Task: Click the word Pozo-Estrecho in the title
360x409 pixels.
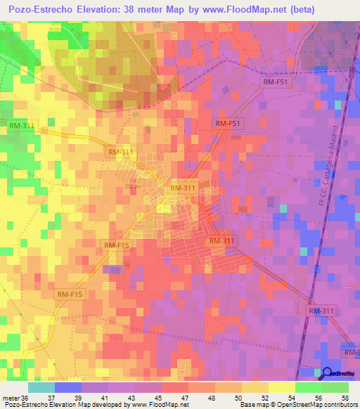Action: point(44,11)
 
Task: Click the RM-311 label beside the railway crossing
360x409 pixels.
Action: point(322,311)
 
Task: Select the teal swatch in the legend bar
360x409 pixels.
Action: point(41,387)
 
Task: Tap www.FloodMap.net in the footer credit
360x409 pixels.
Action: point(153,405)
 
